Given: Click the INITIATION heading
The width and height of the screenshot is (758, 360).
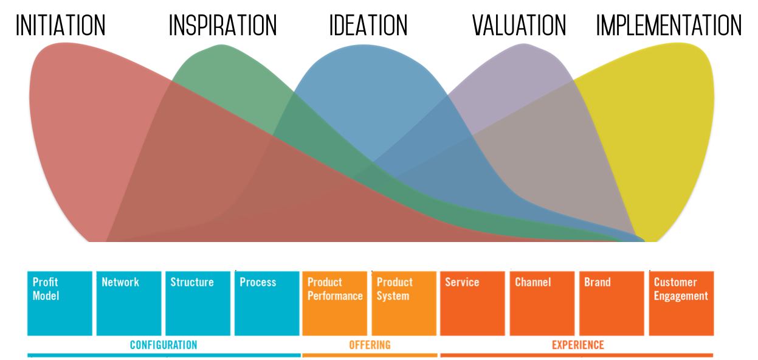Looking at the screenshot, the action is tap(61, 25).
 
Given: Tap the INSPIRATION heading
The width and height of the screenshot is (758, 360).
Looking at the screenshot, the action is tap(222, 25).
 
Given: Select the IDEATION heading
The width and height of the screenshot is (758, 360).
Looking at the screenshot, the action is tap(368, 25).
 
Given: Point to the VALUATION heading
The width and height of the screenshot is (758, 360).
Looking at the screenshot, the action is tap(519, 25).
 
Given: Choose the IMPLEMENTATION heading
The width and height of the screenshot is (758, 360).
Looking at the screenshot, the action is tap(669, 25).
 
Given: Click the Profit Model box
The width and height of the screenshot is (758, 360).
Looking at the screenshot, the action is tap(60, 303).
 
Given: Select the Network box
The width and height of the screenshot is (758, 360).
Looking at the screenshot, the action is tap(129, 303).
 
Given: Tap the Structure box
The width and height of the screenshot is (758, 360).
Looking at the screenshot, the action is tap(198, 303).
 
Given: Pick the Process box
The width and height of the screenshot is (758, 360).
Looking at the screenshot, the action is tap(267, 303).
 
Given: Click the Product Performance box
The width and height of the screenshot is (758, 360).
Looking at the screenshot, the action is tap(335, 303).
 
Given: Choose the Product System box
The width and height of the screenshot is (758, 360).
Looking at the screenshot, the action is tap(404, 303).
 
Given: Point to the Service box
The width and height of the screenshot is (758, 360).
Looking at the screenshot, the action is tap(472, 303).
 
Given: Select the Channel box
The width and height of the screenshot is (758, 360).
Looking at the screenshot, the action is tap(542, 303).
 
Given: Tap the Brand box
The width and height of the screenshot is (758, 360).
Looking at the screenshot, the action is tap(612, 303).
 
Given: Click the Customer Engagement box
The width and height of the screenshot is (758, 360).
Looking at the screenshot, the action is tap(681, 303).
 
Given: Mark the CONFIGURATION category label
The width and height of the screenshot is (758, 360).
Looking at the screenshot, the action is tap(164, 345).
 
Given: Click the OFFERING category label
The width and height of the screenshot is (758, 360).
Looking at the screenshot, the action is tap(370, 345).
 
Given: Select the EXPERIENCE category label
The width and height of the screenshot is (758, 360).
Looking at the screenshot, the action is tap(578, 345).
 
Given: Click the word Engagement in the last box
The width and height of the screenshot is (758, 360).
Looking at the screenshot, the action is tap(681, 296).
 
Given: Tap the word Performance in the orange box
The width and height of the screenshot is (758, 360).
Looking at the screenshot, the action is tap(335, 296).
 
